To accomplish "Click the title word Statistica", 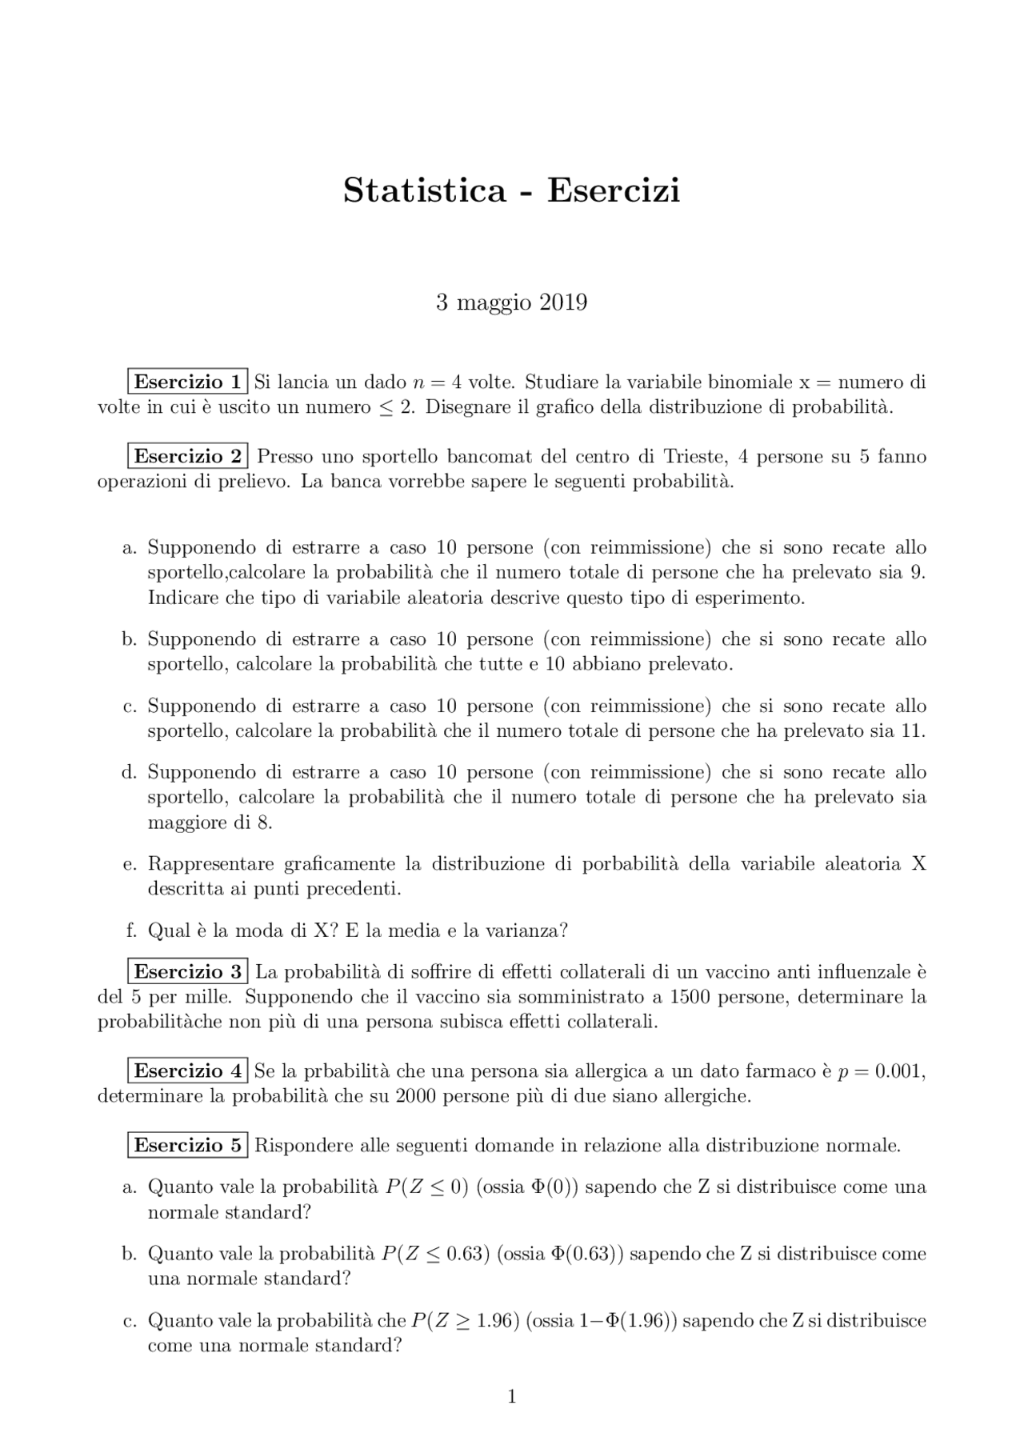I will tap(425, 190).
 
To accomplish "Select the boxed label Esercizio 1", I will tap(187, 382).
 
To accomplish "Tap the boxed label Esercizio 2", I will tap(187, 456).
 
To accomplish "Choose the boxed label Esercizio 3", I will tap(187, 971).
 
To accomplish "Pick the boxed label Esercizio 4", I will tap(187, 1071).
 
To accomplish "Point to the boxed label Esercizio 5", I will tap(187, 1145).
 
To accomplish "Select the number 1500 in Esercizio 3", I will tap(690, 997).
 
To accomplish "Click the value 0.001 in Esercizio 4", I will tap(899, 1071).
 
